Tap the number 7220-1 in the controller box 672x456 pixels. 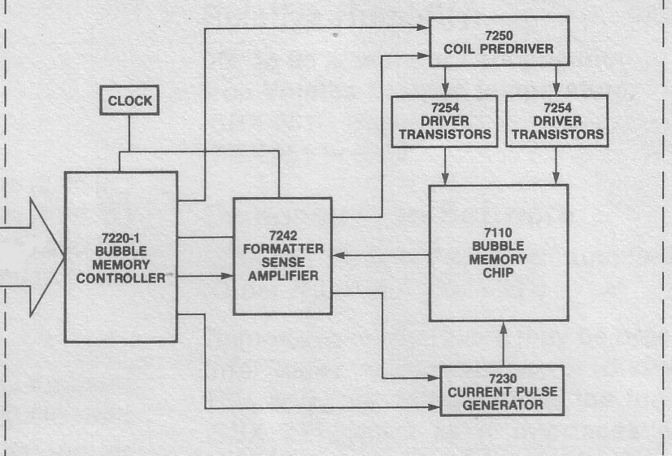pyautogui.click(x=120, y=238)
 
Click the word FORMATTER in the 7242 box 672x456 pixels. pyautogui.click(x=283, y=249)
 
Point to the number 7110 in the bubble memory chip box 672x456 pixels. pyautogui.click(x=498, y=233)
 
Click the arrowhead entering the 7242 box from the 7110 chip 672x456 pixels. pyautogui.click(x=338, y=255)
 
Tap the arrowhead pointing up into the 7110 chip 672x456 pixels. pyautogui.click(x=504, y=328)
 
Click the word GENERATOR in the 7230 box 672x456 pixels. pyautogui.click(x=503, y=405)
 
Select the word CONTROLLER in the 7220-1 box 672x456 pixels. pyautogui.click(x=121, y=278)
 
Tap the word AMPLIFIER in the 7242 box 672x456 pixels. pyautogui.click(x=283, y=275)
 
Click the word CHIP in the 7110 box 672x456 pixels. pyautogui.click(x=498, y=273)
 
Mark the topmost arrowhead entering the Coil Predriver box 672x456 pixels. pyautogui.click(x=422, y=28)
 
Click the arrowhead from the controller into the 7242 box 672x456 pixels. pyautogui.click(x=227, y=276)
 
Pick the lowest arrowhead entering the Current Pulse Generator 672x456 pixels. pyautogui.click(x=434, y=407)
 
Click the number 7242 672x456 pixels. pyautogui.click(x=283, y=235)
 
